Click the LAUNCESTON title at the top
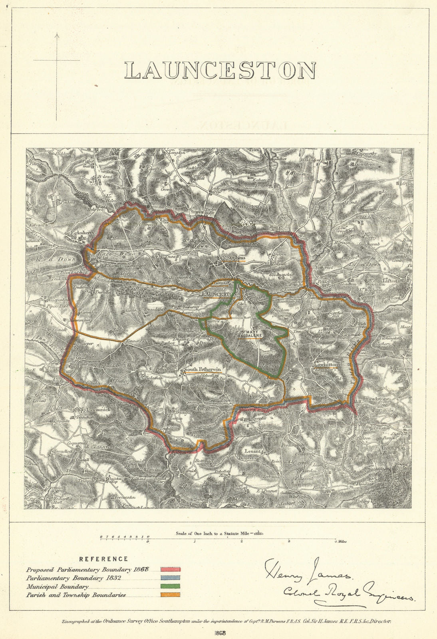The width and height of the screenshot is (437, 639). (x=220, y=70)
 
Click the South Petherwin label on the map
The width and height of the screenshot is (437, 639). (x=202, y=370)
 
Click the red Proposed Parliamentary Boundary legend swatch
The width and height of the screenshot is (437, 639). (x=171, y=570)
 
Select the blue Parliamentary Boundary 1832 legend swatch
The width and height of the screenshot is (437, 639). (x=171, y=578)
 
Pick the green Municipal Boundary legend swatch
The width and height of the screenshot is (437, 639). (x=171, y=586)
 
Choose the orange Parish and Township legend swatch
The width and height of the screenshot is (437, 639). (x=171, y=595)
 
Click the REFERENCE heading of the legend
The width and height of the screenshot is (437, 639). (x=103, y=559)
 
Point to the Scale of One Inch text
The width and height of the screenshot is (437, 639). (x=212, y=533)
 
